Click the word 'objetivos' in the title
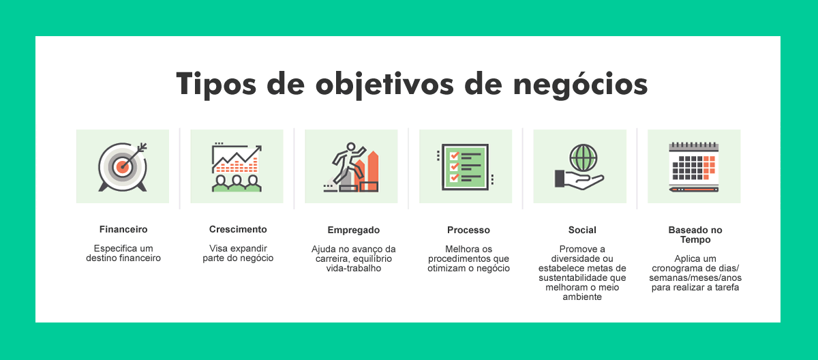[x=384, y=85]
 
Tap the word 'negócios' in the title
[x=580, y=85]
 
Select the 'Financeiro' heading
[x=123, y=229]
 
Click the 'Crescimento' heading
[x=238, y=229]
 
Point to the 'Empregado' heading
[x=354, y=230]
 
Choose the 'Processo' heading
[x=468, y=230]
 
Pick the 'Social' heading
[x=582, y=230]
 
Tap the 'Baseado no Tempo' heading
[x=695, y=235]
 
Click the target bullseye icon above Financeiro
[x=123, y=167]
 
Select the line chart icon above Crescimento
[x=237, y=167]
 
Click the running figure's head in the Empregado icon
[x=351, y=147]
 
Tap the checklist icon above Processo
[x=465, y=167]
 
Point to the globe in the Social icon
[x=584, y=157]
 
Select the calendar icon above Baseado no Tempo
[x=693, y=167]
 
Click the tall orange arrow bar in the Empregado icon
[x=373, y=171]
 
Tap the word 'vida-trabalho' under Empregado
[x=354, y=269]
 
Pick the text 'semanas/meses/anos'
[x=695, y=278]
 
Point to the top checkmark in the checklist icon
[x=454, y=156]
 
